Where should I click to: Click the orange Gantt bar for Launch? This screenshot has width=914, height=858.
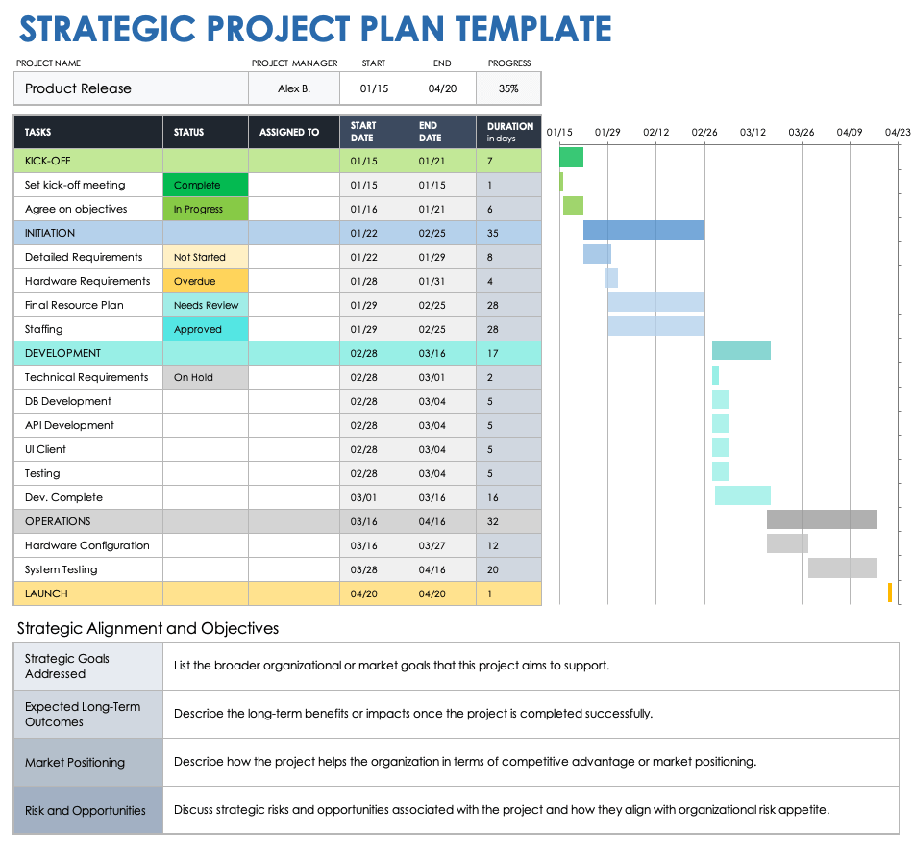pos(890,593)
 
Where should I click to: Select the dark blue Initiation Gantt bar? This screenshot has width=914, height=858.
pos(643,230)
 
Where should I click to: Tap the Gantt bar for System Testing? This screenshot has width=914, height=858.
pos(842,568)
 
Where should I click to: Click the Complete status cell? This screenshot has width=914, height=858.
pos(205,185)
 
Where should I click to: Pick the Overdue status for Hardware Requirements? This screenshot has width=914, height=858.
pos(205,281)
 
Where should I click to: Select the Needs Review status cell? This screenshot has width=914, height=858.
pos(205,305)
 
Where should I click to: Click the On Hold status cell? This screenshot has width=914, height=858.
pos(205,377)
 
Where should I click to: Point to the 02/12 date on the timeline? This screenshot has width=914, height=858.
pos(656,132)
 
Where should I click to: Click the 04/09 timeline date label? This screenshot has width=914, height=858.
pos(850,132)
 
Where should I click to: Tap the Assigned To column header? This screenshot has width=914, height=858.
pos(289,132)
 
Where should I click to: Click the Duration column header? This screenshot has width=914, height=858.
pos(509,132)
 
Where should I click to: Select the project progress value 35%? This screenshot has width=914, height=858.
pos(508,88)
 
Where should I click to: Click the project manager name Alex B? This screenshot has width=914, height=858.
pos(293,88)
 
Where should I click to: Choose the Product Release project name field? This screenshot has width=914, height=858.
pos(131,88)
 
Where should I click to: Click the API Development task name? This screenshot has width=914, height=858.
pos(69,425)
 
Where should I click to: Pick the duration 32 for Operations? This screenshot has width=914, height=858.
pos(492,521)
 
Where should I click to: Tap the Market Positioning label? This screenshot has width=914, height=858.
pos(75,762)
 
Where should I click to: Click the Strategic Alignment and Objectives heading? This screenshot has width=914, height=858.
pos(148,628)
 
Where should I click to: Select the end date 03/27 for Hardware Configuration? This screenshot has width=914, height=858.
pos(432,545)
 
